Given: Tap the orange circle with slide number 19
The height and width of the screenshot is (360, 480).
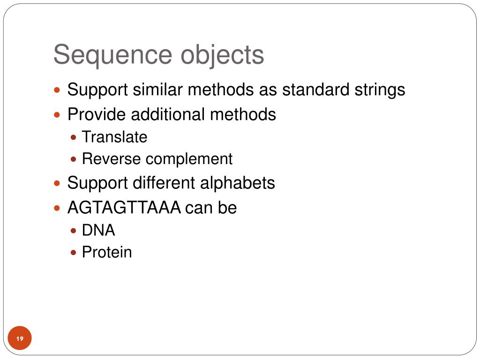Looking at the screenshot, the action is (x=20, y=338).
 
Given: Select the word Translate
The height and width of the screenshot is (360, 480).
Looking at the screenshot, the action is (x=114, y=137).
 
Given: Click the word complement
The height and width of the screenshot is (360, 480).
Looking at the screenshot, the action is (x=189, y=159).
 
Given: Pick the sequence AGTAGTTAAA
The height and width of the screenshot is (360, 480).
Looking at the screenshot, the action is (x=124, y=207).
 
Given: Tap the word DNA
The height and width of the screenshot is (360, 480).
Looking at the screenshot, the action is (x=98, y=230).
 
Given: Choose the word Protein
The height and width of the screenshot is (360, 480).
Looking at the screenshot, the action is (x=107, y=252).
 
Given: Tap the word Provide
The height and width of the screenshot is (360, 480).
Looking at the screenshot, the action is (x=97, y=114).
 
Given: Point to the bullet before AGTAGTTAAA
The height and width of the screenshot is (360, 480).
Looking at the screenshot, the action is (x=58, y=208).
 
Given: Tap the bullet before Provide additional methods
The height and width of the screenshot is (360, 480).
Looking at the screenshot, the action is (x=58, y=114).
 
